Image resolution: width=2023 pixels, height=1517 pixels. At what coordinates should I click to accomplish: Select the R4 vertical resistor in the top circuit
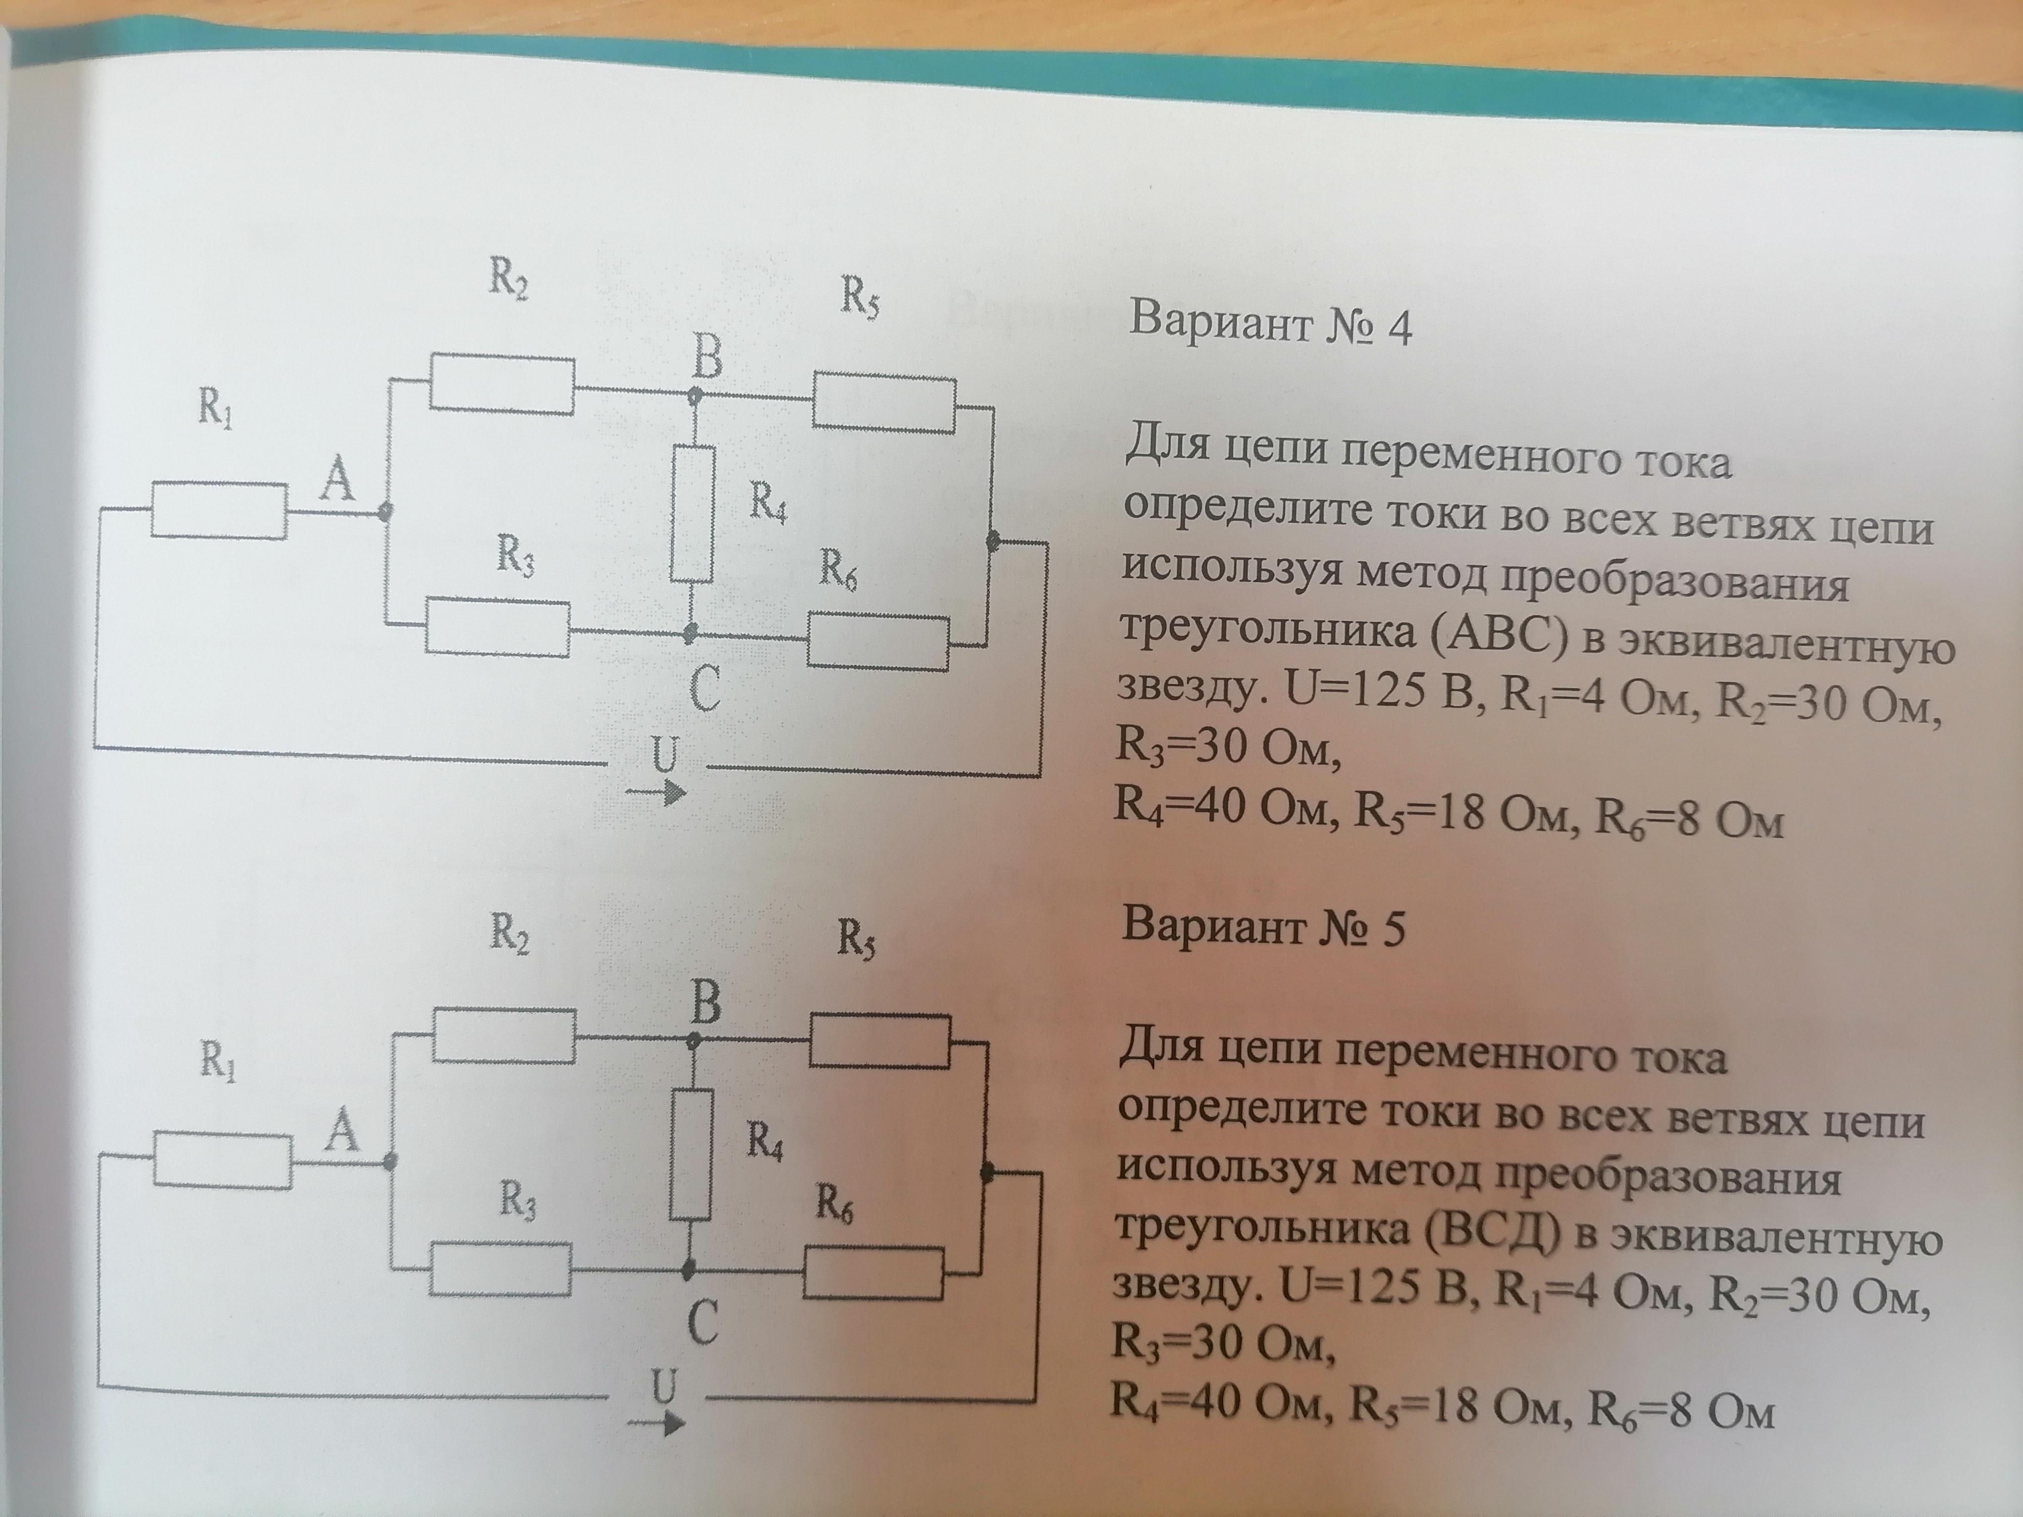coord(692,513)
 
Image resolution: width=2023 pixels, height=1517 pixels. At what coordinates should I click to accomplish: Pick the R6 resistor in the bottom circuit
coord(874,1273)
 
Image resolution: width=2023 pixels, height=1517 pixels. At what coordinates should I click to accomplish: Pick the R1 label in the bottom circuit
coord(217,1061)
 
